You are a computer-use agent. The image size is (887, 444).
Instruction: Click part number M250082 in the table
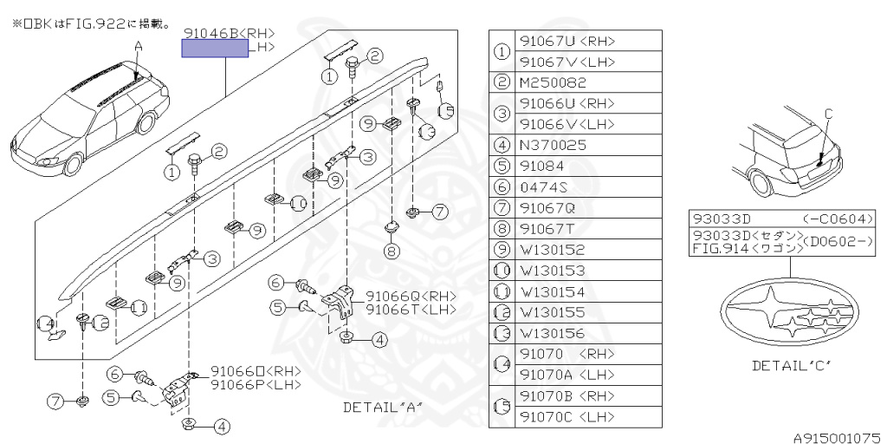[x=552, y=82]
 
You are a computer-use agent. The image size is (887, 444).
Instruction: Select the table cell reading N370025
[x=552, y=145]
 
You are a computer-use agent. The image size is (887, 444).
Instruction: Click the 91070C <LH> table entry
[x=567, y=416]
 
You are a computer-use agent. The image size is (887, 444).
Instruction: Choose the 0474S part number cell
[x=543, y=186]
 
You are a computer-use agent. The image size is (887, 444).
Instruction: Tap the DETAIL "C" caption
[x=791, y=365]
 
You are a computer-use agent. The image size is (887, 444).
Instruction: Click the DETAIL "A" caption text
[x=382, y=407]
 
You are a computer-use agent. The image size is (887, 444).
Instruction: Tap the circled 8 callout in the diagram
[x=392, y=251]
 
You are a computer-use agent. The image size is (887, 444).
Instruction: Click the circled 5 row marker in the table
[x=502, y=166]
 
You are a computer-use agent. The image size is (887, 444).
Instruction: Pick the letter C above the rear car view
[x=827, y=113]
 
